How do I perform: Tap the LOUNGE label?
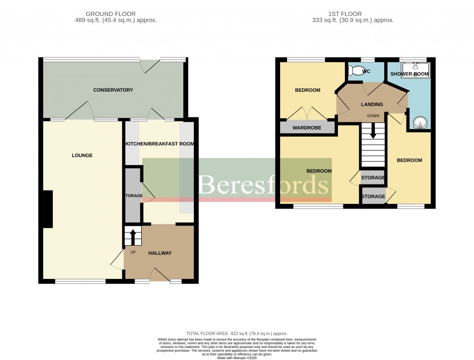(82, 155)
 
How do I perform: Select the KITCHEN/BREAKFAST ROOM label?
(160, 144)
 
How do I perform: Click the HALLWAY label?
(160, 253)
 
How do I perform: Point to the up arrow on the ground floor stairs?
(133, 236)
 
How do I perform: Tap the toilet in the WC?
(356, 71)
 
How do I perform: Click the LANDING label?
(372, 104)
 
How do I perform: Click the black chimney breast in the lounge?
(48, 209)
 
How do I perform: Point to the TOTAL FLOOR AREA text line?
(237, 334)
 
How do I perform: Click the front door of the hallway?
(159, 275)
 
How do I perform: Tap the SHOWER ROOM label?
(409, 74)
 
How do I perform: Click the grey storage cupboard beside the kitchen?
(133, 196)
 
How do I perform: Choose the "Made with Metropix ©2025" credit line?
(237, 357)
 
